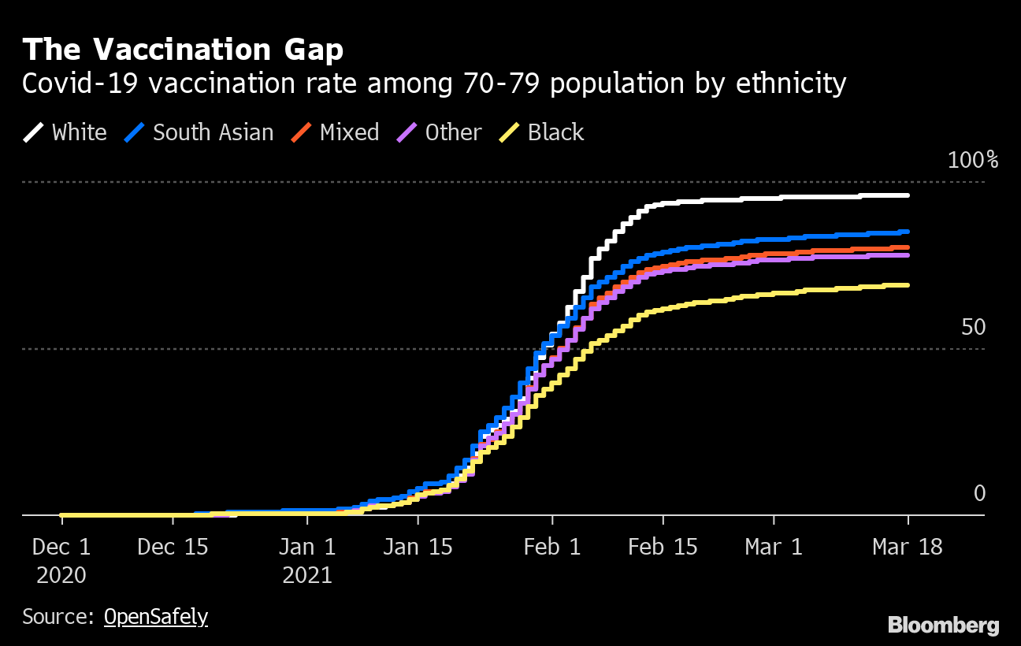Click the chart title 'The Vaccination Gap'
[x=183, y=50]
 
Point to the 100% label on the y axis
[x=972, y=161]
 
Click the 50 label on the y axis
[x=974, y=327]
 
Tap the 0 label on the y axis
[x=979, y=493]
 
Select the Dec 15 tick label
[x=173, y=548]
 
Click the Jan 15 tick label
[x=418, y=548]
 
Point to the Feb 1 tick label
[x=552, y=548]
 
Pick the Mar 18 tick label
[x=907, y=548]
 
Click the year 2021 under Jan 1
[x=307, y=575]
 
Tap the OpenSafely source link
[x=156, y=616]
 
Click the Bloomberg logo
[x=943, y=626]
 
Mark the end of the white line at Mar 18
[x=908, y=195]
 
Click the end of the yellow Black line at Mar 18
[x=908, y=285]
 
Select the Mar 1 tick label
[x=774, y=548]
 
